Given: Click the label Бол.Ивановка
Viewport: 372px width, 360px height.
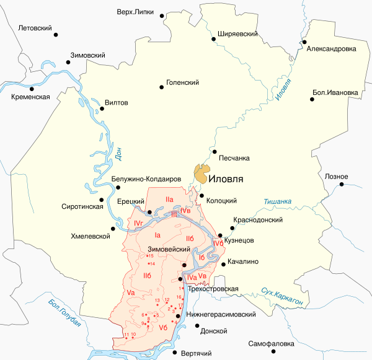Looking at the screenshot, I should point(335,94).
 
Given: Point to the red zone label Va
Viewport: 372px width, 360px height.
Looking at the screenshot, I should point(130,292).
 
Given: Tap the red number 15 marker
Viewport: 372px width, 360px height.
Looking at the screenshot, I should point(149,256).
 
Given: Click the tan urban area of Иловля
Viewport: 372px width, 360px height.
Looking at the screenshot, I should point(201,173).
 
